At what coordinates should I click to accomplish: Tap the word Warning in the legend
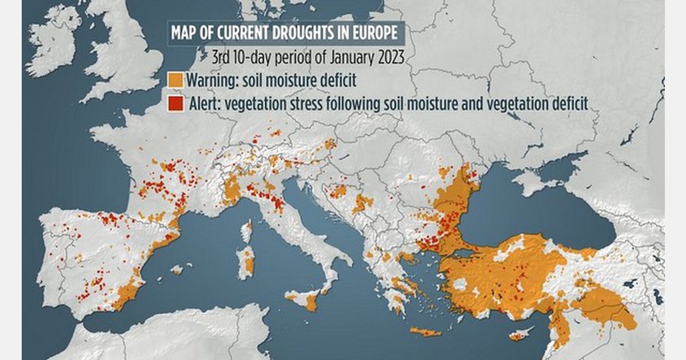point(210,80)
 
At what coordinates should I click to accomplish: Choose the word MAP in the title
point(185,33)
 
